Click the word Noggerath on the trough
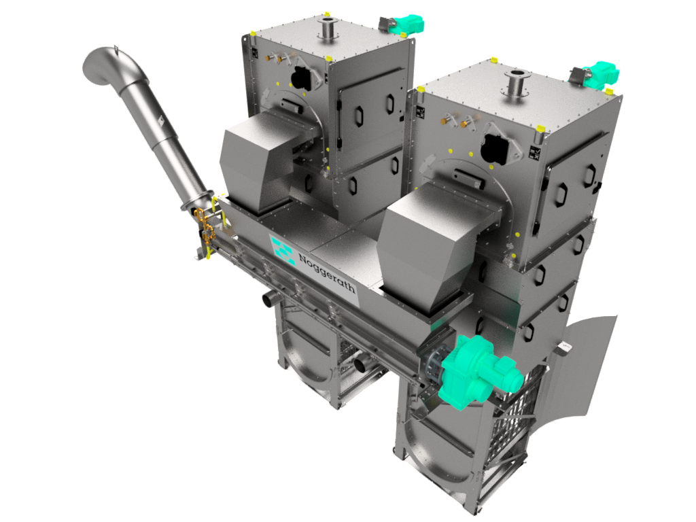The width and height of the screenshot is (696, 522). (x=327, y=273)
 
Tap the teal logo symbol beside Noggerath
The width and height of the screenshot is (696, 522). (x=283, y=251)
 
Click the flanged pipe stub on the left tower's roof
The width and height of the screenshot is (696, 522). (x=328, y=29)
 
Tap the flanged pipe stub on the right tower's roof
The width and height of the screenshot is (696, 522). (x=517, y=82)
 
